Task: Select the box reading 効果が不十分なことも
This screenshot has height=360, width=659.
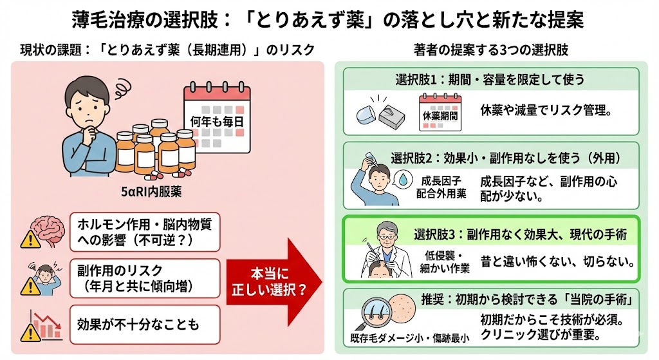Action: click(144, 323)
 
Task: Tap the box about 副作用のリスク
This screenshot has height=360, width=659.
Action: click(144, 277)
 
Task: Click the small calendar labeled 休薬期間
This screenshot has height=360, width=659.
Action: click(440, 111)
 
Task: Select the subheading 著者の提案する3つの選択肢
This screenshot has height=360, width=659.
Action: click(490, 50)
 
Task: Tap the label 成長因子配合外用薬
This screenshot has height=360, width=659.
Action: click(443, 186)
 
